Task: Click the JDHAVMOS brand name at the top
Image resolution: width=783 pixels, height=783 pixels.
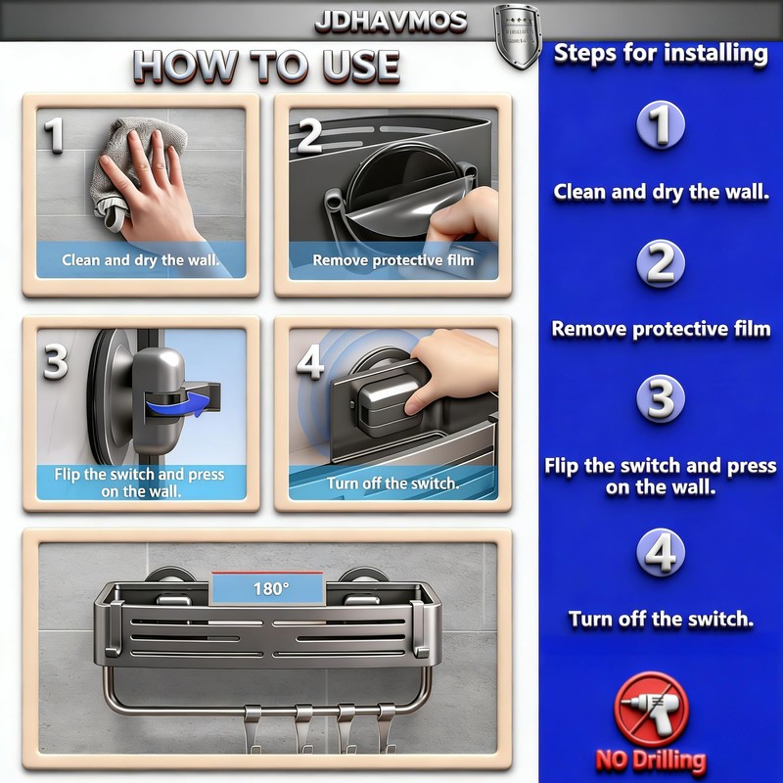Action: point(391,22)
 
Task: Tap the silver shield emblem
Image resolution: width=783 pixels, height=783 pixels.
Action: point(518,36)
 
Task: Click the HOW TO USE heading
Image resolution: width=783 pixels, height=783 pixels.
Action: point(266,66)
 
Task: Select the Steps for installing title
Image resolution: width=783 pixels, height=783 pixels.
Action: point(661,54)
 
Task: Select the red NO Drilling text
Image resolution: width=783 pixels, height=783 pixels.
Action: point(651,761)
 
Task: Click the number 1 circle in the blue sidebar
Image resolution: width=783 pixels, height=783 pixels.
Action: point(660,125)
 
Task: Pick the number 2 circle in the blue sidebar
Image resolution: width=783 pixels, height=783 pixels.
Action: point(660,263)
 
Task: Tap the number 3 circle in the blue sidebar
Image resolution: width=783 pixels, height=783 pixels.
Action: point(660,398)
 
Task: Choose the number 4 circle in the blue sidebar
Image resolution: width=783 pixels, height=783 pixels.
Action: point(660,552)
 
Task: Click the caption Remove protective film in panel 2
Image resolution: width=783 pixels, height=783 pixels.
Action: point(393,260)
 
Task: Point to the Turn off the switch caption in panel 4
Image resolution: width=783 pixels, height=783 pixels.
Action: point(393,483)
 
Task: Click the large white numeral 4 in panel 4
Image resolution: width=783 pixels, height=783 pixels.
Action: point(310,361)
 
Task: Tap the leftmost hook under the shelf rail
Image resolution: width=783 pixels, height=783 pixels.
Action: point(253,728)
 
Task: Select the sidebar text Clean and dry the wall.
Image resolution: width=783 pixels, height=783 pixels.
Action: point(662,192)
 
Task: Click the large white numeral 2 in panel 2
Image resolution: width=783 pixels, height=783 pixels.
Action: point(309,135)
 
